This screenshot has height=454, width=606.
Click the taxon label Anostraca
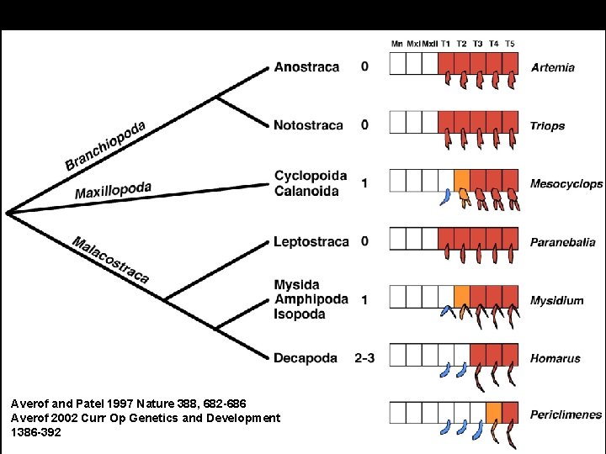[306, 67]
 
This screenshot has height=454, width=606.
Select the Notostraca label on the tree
[308, 125]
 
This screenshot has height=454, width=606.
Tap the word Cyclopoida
[310, 176]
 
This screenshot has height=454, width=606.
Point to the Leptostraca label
[311, 242]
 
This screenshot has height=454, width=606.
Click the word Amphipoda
[311, 299]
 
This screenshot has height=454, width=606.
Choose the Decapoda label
[306, 358]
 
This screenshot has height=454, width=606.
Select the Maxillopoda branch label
[114, 190]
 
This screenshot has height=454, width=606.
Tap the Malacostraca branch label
[110, 259]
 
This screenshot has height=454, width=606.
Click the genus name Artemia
[553, 67]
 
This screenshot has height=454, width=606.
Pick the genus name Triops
[547, 126]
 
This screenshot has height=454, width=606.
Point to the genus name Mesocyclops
[566, 184]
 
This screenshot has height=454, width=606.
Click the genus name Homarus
[555, 359]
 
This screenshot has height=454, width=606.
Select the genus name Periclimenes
[566, 414]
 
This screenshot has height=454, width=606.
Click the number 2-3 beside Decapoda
[364, 358]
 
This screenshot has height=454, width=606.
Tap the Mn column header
[397, 44]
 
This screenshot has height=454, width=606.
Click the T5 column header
[509, 44]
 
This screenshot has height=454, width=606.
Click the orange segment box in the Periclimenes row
[494, 412]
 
